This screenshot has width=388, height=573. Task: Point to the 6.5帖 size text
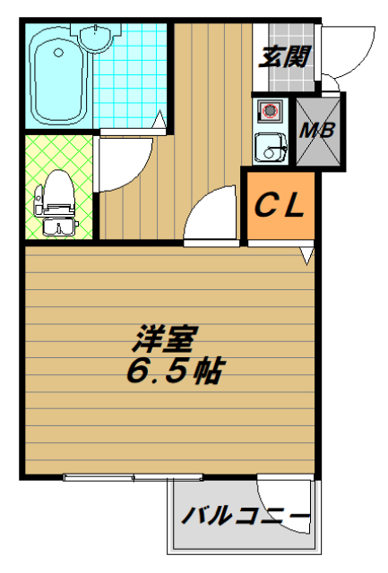click(x=174, y=370)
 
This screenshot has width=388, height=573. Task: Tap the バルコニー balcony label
click(x=246, y=517)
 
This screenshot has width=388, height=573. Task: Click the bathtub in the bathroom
click(x=57, y=77)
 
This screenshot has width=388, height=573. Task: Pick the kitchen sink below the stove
click(x=266, y=146)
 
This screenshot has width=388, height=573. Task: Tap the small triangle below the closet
click(x=307, y=257)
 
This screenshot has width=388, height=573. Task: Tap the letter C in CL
click(x=266, y=208)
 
